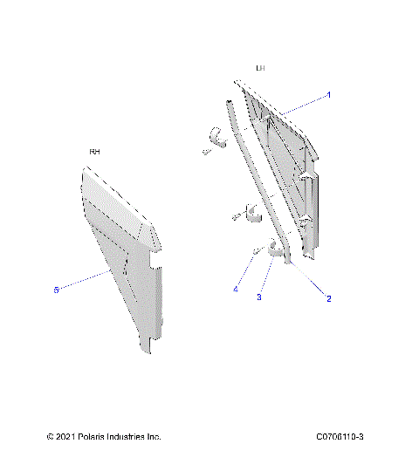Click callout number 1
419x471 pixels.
click(x=328, y=94)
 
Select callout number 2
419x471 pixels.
click(x=328, y=297)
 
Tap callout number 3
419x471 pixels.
click(x=258, y=297)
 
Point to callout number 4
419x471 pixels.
click(x=235, y=290)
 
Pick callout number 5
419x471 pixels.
click(x=57, y=289)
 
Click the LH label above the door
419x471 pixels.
click(x=260, y=68)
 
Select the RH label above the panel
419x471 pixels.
click(x=94, y=152)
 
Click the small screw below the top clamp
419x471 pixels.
click(x=206, y=152)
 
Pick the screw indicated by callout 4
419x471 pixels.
click(x=257, y=252)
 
